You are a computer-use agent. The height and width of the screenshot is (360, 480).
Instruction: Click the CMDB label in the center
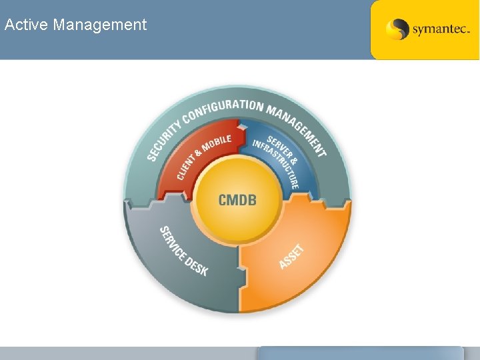[237, 199]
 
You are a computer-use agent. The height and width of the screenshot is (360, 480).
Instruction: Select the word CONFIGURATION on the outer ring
[223, 109]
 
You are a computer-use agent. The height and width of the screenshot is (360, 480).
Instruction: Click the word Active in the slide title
[26, 25]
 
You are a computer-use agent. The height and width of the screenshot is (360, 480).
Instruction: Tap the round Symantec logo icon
[397, 29]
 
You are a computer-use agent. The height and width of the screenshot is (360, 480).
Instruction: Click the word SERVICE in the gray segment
[173, 241]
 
